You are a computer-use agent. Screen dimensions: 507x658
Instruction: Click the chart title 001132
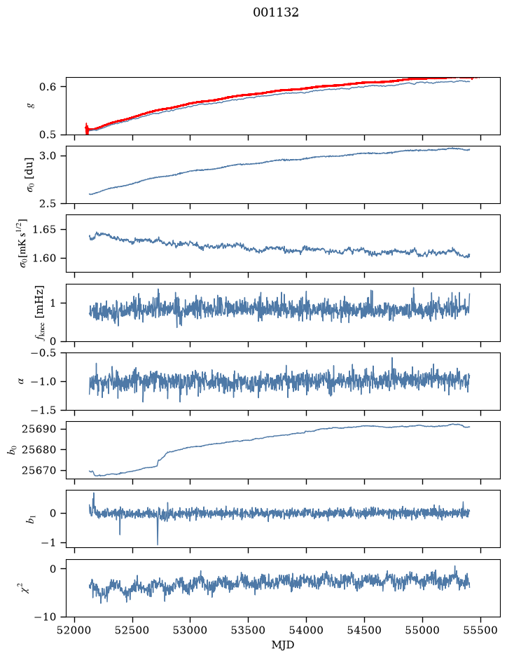275,13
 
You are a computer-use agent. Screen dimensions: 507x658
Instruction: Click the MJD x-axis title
283,645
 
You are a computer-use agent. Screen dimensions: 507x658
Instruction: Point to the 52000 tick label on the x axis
75,630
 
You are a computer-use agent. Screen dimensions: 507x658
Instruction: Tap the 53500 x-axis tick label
249,630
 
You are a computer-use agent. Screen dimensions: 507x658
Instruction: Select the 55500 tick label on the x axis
480,630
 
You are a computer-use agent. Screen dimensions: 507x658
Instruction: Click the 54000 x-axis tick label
306,630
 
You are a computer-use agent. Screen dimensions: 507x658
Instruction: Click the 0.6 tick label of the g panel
47,86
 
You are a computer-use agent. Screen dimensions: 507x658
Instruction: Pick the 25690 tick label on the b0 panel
39,429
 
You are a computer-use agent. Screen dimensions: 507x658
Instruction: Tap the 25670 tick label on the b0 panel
39,470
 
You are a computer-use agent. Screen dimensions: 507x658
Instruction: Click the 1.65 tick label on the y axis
43,230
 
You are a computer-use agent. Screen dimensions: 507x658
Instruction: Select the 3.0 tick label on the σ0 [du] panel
47,156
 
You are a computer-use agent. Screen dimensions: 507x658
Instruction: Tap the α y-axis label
22,381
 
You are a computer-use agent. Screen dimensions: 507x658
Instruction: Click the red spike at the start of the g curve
87,129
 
